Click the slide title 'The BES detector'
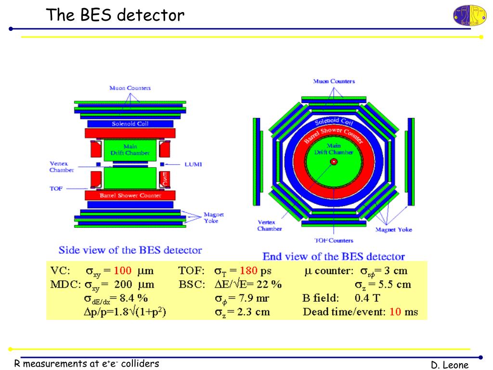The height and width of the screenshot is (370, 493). pos(115,15)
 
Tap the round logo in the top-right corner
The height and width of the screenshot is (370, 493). pos(469,15)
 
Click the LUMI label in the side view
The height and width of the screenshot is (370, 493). pos(193,164)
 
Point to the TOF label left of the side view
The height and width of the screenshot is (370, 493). pos(56,189)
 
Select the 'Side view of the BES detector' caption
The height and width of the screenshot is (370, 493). pos(130,250)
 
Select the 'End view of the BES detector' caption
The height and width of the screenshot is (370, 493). pos(333,256)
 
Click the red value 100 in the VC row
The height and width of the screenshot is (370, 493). pos(122,270)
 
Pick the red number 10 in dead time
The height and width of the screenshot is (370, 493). pos(395,312)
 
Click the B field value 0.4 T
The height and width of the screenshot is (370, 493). pos(367,298)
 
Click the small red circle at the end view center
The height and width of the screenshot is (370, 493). pos(333,162)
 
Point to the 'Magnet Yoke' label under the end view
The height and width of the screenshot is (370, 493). pos(393,230)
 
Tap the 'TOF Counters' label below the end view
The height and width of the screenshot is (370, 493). pos(334,240)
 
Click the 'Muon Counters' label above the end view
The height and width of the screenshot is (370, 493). pos(334,81)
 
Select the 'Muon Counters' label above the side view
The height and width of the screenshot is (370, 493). pos(130,88)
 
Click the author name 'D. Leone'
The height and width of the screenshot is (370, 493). pos(450,365)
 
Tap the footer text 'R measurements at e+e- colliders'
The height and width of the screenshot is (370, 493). pos(86,364)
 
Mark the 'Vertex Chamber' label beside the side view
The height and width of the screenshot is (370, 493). pos(61,167)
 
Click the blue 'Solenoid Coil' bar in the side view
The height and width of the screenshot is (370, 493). pos(130,124)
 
